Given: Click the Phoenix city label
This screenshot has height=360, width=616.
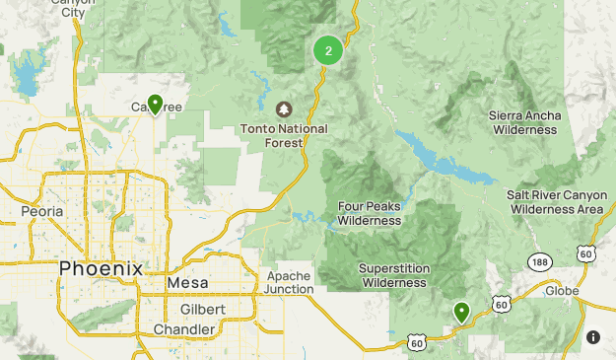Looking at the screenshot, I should point(101,268).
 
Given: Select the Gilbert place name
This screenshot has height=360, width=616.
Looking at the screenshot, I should point(203,309).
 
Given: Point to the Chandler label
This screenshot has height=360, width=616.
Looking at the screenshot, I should point(184,329).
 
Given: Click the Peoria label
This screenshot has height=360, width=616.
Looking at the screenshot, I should point(41,211).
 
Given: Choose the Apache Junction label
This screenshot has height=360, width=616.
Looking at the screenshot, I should point(290,282).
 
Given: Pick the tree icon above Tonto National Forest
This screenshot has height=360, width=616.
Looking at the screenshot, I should point(285,108).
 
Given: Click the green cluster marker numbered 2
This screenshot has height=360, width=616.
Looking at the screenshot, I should point(328,50).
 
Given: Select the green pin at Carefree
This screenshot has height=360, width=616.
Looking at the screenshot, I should point(155,104).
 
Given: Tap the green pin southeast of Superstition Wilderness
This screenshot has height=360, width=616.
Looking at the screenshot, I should point(461,313).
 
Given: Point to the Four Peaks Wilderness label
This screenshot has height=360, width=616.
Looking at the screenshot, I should point(370,213).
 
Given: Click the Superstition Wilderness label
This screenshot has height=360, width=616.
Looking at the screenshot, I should point(392,275).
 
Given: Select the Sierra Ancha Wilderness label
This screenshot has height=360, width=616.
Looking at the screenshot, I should point(524,122).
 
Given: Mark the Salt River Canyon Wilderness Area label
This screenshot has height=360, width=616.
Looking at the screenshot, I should point(555,202).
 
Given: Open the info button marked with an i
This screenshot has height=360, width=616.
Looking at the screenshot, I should point(592,337).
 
